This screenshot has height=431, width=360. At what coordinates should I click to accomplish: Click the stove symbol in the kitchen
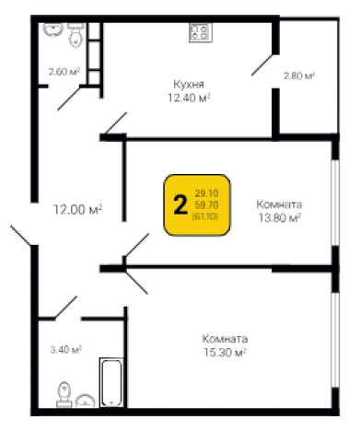201,33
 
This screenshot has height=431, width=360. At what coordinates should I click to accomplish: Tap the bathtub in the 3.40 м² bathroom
111,382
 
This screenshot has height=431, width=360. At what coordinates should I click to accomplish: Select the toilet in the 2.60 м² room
75,35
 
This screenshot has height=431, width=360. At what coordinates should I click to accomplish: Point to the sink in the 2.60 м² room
53,29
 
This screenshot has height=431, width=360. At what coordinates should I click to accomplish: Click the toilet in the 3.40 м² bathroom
64,394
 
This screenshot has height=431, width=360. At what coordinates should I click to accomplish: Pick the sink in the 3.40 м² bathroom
85,401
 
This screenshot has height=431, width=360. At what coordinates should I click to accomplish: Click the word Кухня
189,84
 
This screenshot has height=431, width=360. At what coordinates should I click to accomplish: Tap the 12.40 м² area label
189,98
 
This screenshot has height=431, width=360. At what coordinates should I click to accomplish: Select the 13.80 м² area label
279,217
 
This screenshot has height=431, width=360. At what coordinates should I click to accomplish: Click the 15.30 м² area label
225,353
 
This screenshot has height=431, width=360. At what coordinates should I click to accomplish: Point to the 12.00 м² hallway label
77,210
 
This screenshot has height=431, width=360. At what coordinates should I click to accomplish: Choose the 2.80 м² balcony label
299,76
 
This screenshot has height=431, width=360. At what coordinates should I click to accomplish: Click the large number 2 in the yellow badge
180,205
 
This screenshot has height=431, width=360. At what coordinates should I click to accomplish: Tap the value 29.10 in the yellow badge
206,193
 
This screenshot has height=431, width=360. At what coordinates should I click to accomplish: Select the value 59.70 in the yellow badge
206,204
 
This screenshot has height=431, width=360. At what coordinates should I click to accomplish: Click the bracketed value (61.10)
205,216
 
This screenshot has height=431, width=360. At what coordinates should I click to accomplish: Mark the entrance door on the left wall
21,236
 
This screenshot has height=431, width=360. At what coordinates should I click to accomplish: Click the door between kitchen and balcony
262,65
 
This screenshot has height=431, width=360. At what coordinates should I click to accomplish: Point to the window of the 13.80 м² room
335,203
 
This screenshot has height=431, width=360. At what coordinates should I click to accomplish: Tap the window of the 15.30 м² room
335,340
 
